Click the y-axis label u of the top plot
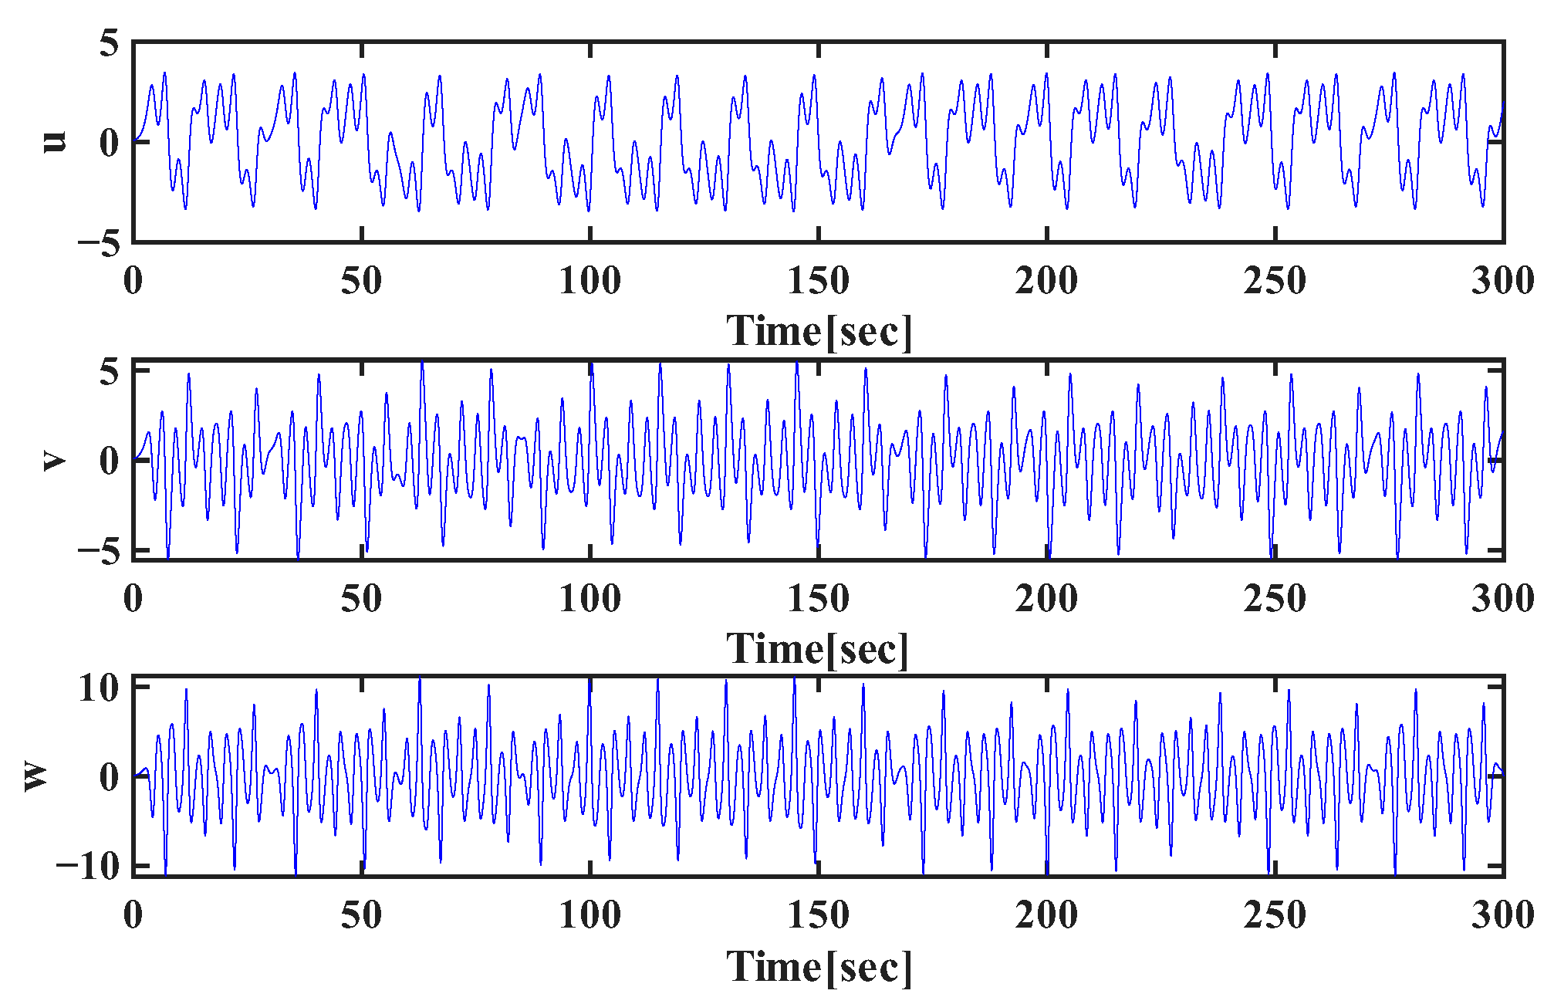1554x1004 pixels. tap(54, 141)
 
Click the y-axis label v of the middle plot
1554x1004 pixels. tap(54, 461)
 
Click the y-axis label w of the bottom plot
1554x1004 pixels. tap(35, 776)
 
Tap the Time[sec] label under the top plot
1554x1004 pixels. tap(819, 332)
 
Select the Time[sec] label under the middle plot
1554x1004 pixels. tap(818, 648)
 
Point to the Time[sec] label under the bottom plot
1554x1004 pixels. tap(819, 966)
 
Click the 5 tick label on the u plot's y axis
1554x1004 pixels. tap(109, 43)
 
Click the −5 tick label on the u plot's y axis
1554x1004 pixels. tap(98, 244)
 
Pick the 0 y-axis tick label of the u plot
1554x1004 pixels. tap(109, 143)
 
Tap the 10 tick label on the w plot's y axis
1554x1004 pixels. tap(98, 688)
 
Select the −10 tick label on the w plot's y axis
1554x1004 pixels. tap(87, 866)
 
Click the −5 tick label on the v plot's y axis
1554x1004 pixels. tap(98, 553)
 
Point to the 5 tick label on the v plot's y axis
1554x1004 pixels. tap(109, 371)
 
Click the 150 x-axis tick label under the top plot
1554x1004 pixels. tap(818, 281)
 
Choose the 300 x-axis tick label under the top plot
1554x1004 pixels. tap(1502, 281)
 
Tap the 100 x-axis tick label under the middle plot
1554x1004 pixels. tap(590, 599)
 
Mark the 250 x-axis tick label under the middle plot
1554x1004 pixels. tap(1275, 599)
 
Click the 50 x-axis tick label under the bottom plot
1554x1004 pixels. tap(361, 915)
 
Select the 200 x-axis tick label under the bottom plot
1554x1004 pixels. tap(1046, 915)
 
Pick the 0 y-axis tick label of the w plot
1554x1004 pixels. tap(109, 776)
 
